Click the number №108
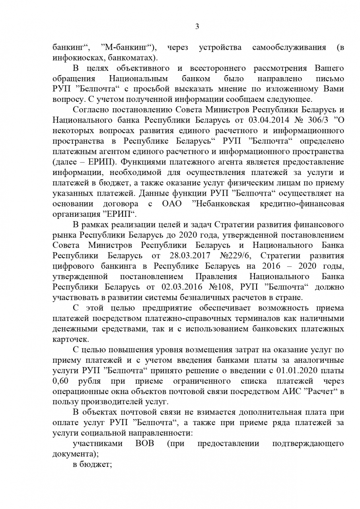(x=221, y=286)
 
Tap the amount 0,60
(x=61, y=381)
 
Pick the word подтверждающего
(x=308, y=443)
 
